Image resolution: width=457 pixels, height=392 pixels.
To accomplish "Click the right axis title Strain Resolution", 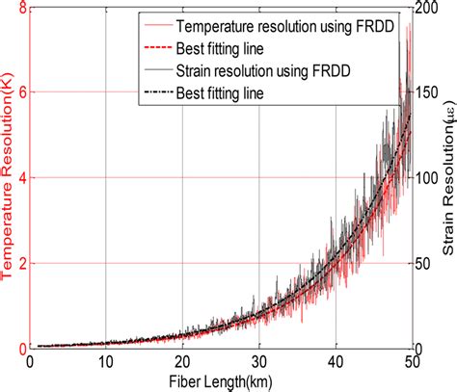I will click(x=447, y=178).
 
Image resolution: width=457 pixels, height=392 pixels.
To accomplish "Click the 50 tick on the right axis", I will click(x=427, y=263).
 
